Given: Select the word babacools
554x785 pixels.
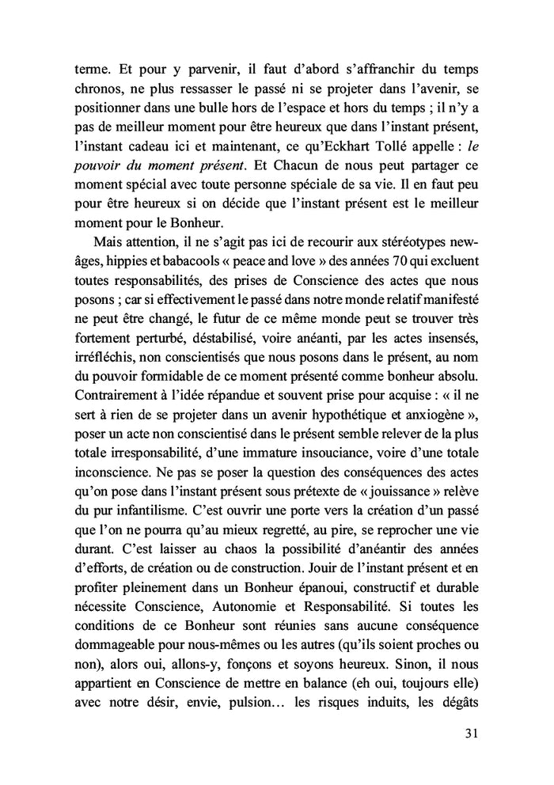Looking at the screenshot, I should coord(194,260).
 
